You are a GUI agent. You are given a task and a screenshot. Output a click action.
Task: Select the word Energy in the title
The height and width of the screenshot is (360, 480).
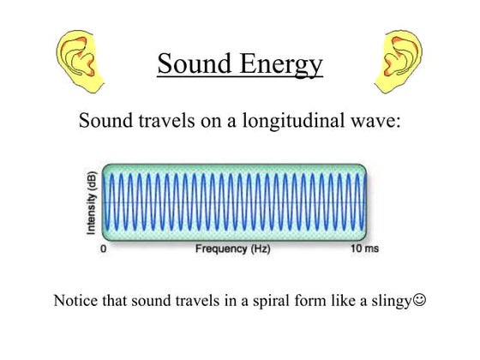coord(282,65)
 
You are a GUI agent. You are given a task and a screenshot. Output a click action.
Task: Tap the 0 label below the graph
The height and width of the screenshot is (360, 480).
coord(104,249)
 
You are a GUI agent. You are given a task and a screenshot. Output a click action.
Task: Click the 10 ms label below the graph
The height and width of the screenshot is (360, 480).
coord(362,249)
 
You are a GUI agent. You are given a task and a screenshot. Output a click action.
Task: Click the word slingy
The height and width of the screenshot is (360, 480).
coord(390,303)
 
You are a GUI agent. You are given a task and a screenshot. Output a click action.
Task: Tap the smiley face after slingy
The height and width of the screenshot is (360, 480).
coord(419,302)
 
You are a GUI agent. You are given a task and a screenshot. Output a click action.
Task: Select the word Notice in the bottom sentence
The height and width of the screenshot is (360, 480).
coord(75,302)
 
